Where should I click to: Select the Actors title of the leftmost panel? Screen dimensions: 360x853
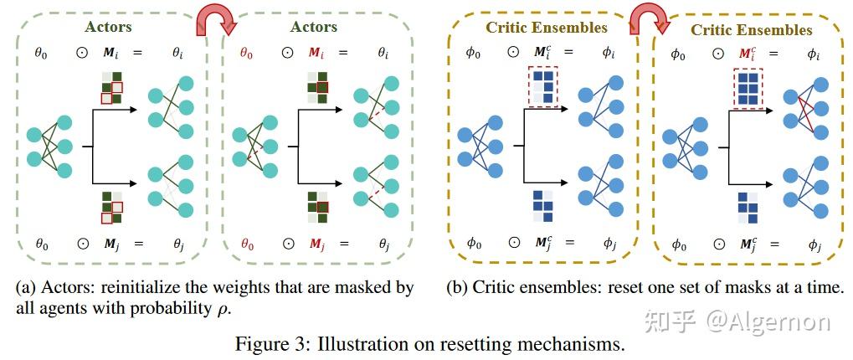click(108, 28)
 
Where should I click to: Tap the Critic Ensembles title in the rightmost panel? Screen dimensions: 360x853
click(751, 30)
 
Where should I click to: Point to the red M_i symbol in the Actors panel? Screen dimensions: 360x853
click(316, 52)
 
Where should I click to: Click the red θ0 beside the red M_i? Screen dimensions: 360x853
click(248, 52)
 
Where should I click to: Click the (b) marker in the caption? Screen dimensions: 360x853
click(458, 288)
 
